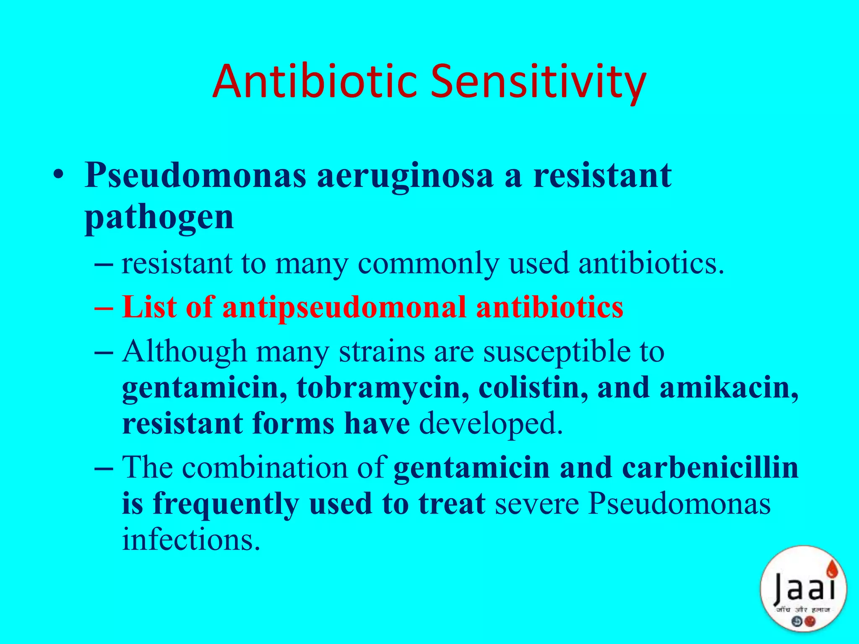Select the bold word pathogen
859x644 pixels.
(159, 218)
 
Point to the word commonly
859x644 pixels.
(428, 264)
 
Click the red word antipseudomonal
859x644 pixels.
(344, 307)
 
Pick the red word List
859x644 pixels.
(149, 307)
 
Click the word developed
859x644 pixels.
(491, 423)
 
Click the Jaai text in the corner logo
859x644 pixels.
(804, 588)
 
